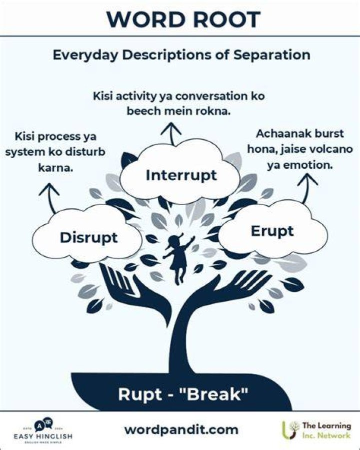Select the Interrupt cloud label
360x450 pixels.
[181, 176]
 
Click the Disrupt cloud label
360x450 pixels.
[88, 238]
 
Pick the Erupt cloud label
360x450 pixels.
[272, 231]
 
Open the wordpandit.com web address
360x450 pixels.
[181, 430]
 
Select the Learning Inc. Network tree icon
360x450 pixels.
[290, 430]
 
